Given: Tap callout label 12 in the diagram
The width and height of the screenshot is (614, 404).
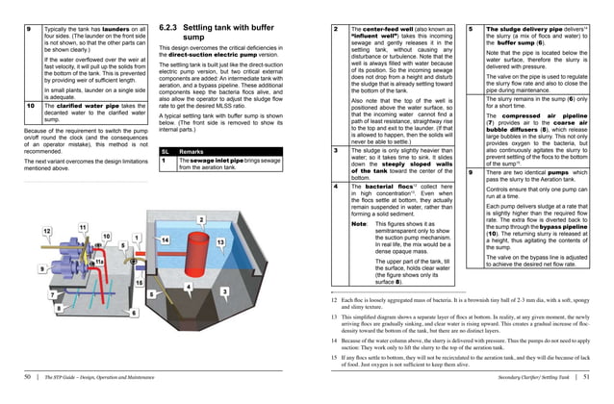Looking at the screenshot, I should (46, 232).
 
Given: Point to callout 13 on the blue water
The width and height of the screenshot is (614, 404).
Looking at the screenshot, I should (220, 240).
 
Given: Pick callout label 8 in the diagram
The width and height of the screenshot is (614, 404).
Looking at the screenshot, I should (58, 308).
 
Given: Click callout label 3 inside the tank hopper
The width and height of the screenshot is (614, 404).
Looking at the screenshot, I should (224, 290).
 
